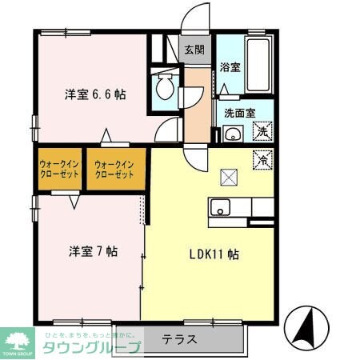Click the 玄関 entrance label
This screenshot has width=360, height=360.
point(194,50)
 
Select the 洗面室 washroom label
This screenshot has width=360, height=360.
point(239,113)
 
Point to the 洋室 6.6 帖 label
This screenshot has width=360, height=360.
point(94,94)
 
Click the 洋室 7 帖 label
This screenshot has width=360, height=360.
point(92,250)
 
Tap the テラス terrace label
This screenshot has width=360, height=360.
point(180,338)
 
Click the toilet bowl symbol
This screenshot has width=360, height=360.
point(166,86)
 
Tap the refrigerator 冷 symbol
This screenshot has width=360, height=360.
point(262,159)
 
